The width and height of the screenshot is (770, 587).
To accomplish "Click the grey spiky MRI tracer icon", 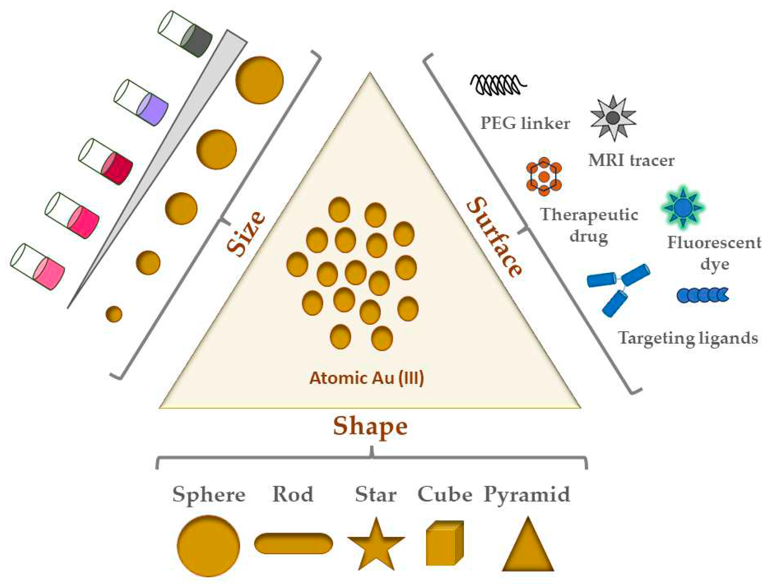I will (x=613, y=118).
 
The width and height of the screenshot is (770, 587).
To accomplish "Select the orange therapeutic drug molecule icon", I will (x=544, y=177).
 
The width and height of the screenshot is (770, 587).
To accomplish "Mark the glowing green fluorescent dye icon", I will (x=682, y=207).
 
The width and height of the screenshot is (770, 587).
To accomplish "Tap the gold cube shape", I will (x=444, y=543).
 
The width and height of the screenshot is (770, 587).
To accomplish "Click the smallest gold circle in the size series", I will (x=114, y=314).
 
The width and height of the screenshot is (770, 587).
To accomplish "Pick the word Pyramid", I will (x=527, y=495).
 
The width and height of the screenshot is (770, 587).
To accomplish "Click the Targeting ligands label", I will (x=688, y=338).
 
